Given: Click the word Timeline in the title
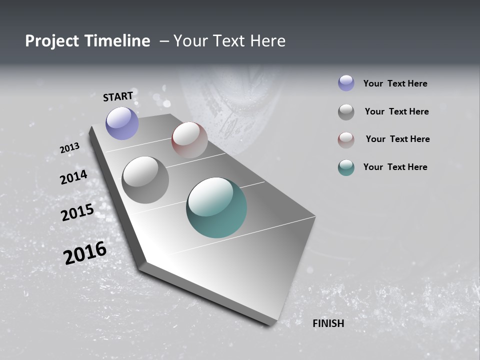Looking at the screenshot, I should click(116, 41).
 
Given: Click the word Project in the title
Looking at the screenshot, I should click(52, 41).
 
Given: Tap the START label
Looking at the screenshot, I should click(118, 96).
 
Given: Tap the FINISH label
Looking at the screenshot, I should click(328, 323).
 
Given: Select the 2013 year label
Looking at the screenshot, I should click(69, 148).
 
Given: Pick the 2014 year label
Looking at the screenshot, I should click(73, 177).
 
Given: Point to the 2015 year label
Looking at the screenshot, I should click(77, 212).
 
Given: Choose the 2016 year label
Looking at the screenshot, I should click(85, 252).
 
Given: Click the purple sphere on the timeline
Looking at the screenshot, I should click(122, 123).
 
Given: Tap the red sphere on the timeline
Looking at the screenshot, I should click(189, 140).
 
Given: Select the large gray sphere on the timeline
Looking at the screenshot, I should click(145, 180).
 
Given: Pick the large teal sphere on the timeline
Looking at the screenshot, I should click(216, 207).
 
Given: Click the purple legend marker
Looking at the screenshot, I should click(346, 83).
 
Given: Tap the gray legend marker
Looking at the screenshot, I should click(346, 112).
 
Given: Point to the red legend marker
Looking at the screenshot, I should click(346, 140).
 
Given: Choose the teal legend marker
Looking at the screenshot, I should click(346, 167).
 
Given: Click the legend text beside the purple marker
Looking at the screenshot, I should click(395, 83).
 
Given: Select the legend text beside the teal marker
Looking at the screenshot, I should click(395, 167).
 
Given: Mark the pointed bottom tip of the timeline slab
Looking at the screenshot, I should click(272, 324).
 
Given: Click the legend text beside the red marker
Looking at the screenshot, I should click(397, 139).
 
